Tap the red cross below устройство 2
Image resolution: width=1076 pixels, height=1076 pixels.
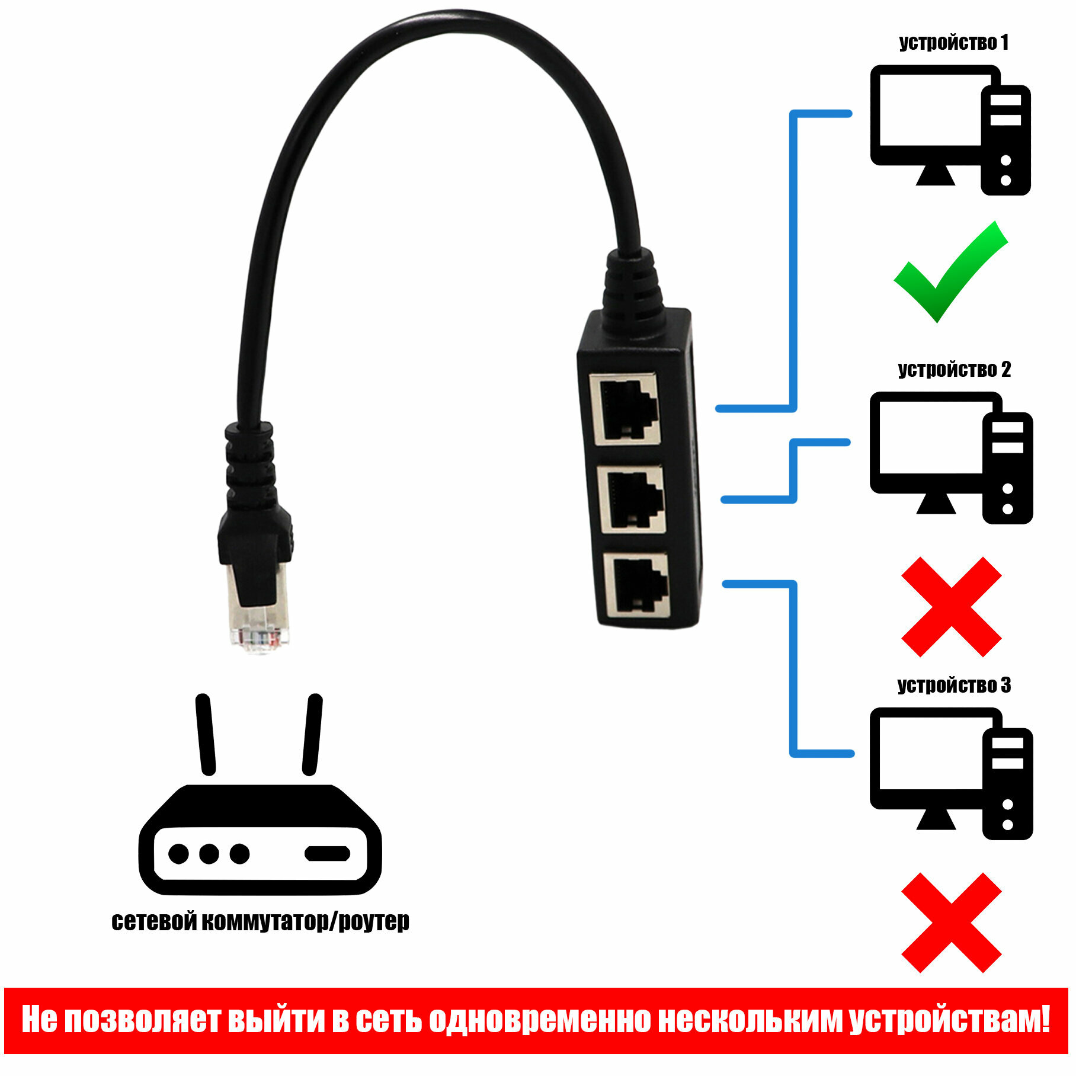(952, 607)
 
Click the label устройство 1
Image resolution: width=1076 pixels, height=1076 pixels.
(954, 43)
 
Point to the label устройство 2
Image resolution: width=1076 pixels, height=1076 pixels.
(955, 370)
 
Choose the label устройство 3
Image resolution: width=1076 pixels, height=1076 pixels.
(955, 686)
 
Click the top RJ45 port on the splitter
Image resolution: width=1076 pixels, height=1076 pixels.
(627, 409)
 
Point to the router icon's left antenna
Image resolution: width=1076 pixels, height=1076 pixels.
(206, 735)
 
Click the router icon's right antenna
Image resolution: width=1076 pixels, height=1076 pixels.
(312, 735)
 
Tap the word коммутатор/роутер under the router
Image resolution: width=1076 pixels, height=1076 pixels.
(305, 922)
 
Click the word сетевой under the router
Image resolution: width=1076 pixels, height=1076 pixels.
(154, 922)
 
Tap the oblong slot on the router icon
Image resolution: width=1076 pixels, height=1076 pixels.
(327, 854)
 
